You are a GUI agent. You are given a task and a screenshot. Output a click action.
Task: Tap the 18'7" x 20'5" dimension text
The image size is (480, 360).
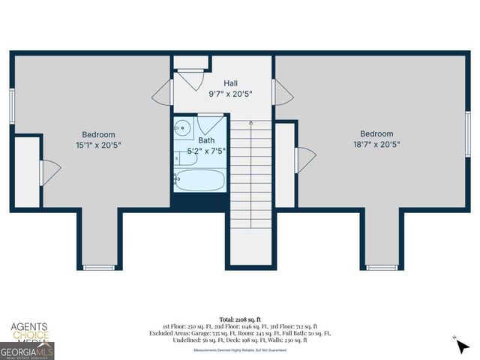pyautogui.click(x=376, y=145)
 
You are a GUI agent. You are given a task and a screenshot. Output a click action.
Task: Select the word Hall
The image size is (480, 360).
pyautogui.click(x=231, y=83)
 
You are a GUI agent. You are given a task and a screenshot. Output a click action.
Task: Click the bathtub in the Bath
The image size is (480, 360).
pyautogui.click(x=199, y=179)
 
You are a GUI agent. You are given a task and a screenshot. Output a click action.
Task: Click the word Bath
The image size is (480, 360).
pyautogui.click(x=205, y=140)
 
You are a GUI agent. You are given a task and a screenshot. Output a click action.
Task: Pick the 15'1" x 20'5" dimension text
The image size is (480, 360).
pyautogui.click(x=98, y=145)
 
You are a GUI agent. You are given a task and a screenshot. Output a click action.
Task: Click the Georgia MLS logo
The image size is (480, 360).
pyautogui.click(x=27, y=350)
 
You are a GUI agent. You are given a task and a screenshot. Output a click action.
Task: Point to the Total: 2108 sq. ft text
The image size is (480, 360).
pyautogui.click(x=239, y=319)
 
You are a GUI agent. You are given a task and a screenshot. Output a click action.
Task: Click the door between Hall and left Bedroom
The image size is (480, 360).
pyautogui.click(x=163, y=93)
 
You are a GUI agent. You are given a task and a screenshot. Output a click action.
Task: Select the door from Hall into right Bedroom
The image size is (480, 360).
pyautogui.click(x=283, y=93)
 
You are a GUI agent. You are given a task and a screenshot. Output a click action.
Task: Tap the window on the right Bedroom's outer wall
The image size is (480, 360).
pyautogui.click(x=466, y=133)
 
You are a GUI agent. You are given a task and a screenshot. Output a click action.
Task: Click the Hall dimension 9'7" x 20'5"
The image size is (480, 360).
pyautogui.click(x=231, y=94)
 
